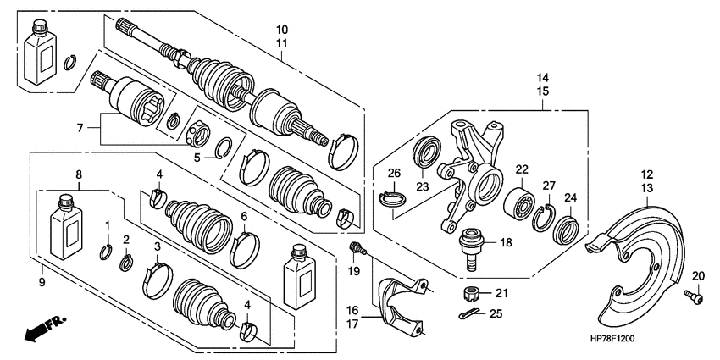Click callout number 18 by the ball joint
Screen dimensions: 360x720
(506, 241)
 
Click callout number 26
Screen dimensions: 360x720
(393, 174)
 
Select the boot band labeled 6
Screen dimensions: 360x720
(245, 245)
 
